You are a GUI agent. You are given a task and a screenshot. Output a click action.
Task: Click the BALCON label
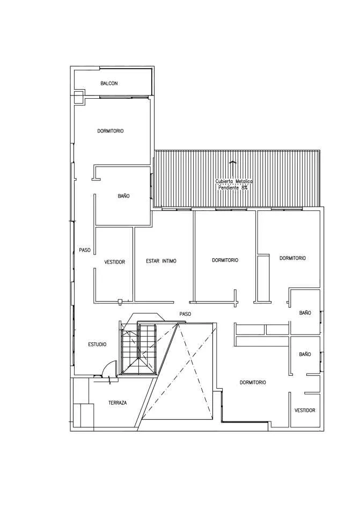(109, 84)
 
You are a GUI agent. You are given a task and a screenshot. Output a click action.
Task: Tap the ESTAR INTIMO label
(161, 261)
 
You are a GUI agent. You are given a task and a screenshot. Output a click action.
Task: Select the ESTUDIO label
(97, 345)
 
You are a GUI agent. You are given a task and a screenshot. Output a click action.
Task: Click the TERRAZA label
(117, 403)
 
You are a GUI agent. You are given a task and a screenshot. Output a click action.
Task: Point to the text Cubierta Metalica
(234, 181)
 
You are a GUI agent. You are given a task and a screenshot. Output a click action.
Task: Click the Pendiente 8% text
(233, 188)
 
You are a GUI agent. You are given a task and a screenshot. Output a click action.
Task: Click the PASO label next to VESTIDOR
(85, 250)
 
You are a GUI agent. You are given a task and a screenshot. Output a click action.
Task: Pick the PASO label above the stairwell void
(185, 314)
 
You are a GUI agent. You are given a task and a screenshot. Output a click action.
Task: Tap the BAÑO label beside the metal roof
(123, 196)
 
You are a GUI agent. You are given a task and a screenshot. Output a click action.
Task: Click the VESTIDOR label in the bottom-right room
(305, 411)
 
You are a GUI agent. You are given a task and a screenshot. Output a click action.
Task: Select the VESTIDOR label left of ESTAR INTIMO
(114, 262)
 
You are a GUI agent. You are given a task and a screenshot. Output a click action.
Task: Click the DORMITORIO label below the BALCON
(111, 131)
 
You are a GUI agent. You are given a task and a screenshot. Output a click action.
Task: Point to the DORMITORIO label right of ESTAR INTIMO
(225, 260)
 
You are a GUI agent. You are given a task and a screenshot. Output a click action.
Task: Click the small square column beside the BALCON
(79, 97)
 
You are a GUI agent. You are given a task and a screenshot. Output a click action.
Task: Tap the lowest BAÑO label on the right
(305, 354)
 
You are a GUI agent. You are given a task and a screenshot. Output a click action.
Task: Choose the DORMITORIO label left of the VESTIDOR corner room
(253, 382)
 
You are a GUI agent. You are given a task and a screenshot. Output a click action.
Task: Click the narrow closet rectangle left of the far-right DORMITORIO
(263, 278)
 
